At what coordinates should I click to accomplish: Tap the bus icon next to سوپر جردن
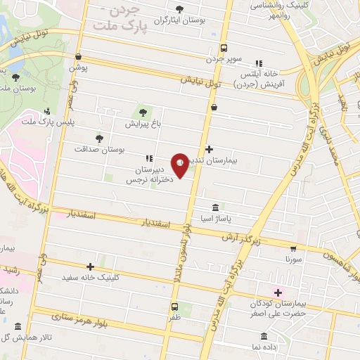[x=223, y=49]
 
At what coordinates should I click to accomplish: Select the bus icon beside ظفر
[x=174, y=307]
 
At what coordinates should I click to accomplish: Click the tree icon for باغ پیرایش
[x=143, y=112]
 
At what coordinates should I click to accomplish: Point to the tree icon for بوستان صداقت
[x=98, y=138]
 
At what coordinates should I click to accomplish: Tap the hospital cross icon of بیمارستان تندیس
[x=208, y=148]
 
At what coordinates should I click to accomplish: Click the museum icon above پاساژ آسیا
[x=215, y=208]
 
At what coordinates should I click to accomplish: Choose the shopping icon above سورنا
[x=292, y=248]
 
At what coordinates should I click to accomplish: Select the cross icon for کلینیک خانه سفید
[x=90, y=266]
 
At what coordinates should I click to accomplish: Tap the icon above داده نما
[x=264, y=336]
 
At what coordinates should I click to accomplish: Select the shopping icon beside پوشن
[x=77, y=58]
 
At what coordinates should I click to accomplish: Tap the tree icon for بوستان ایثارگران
[x=179, y=9]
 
